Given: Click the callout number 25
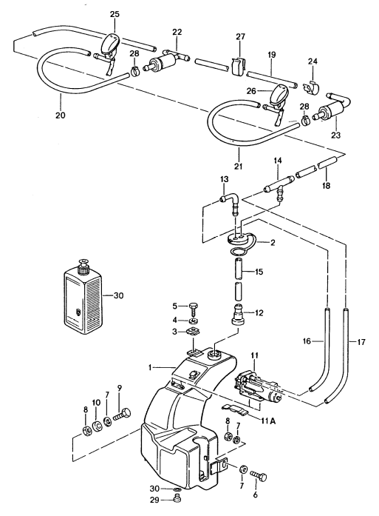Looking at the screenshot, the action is click(x=115, y=14).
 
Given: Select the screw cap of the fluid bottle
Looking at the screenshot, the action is click(x=83, y=265).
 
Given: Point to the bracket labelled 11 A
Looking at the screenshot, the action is click(x=235, y=409).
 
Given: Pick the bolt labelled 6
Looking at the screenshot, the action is click(x=259, y=475).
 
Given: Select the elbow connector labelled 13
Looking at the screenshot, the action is click(x=231, y=203).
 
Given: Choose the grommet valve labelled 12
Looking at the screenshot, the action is click(x=239, y=315).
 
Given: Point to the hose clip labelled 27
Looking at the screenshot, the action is click(x=238, y=66).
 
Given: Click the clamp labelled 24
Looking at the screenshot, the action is click(x=311, y=87).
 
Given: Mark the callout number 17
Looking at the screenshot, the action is click(x=361, y=342).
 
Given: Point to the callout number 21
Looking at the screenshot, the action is click(x=239, y=166).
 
